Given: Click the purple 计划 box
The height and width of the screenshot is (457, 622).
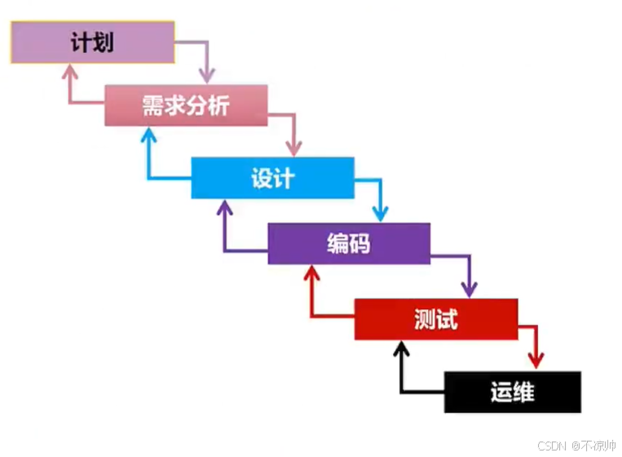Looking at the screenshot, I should click(x=92, y=42).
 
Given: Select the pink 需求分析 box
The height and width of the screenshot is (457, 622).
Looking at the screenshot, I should click(x=186, y=105).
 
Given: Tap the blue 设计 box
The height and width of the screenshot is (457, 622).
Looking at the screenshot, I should click(x=272, y=178).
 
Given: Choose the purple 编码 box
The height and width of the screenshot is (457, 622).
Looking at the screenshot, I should click(x=348, y=243).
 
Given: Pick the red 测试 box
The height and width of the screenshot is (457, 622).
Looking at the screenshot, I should click(x=435, y=319).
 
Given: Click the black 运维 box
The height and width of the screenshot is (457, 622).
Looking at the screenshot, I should click(x=512, y=392).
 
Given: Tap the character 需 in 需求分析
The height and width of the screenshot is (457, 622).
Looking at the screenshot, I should click(x=152, y=106).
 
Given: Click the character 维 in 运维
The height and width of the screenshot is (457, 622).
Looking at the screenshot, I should click(x=523, y=392).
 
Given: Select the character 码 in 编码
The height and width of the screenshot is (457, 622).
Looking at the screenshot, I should click(x=360, y=243).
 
